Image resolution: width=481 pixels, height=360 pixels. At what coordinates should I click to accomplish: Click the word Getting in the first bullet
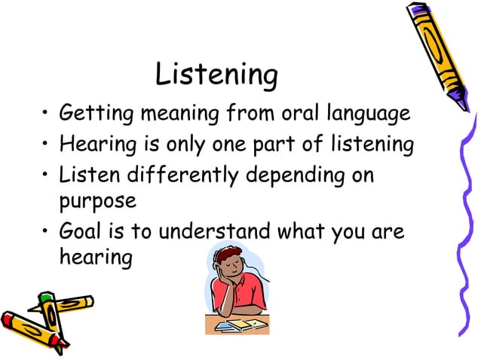coord(88,116)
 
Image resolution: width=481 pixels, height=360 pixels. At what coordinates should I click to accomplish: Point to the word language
coord(370,116)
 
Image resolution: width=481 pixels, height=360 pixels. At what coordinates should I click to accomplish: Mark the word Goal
coord(79,230)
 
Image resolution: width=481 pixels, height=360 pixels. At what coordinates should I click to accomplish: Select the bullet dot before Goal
coord(47,231)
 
